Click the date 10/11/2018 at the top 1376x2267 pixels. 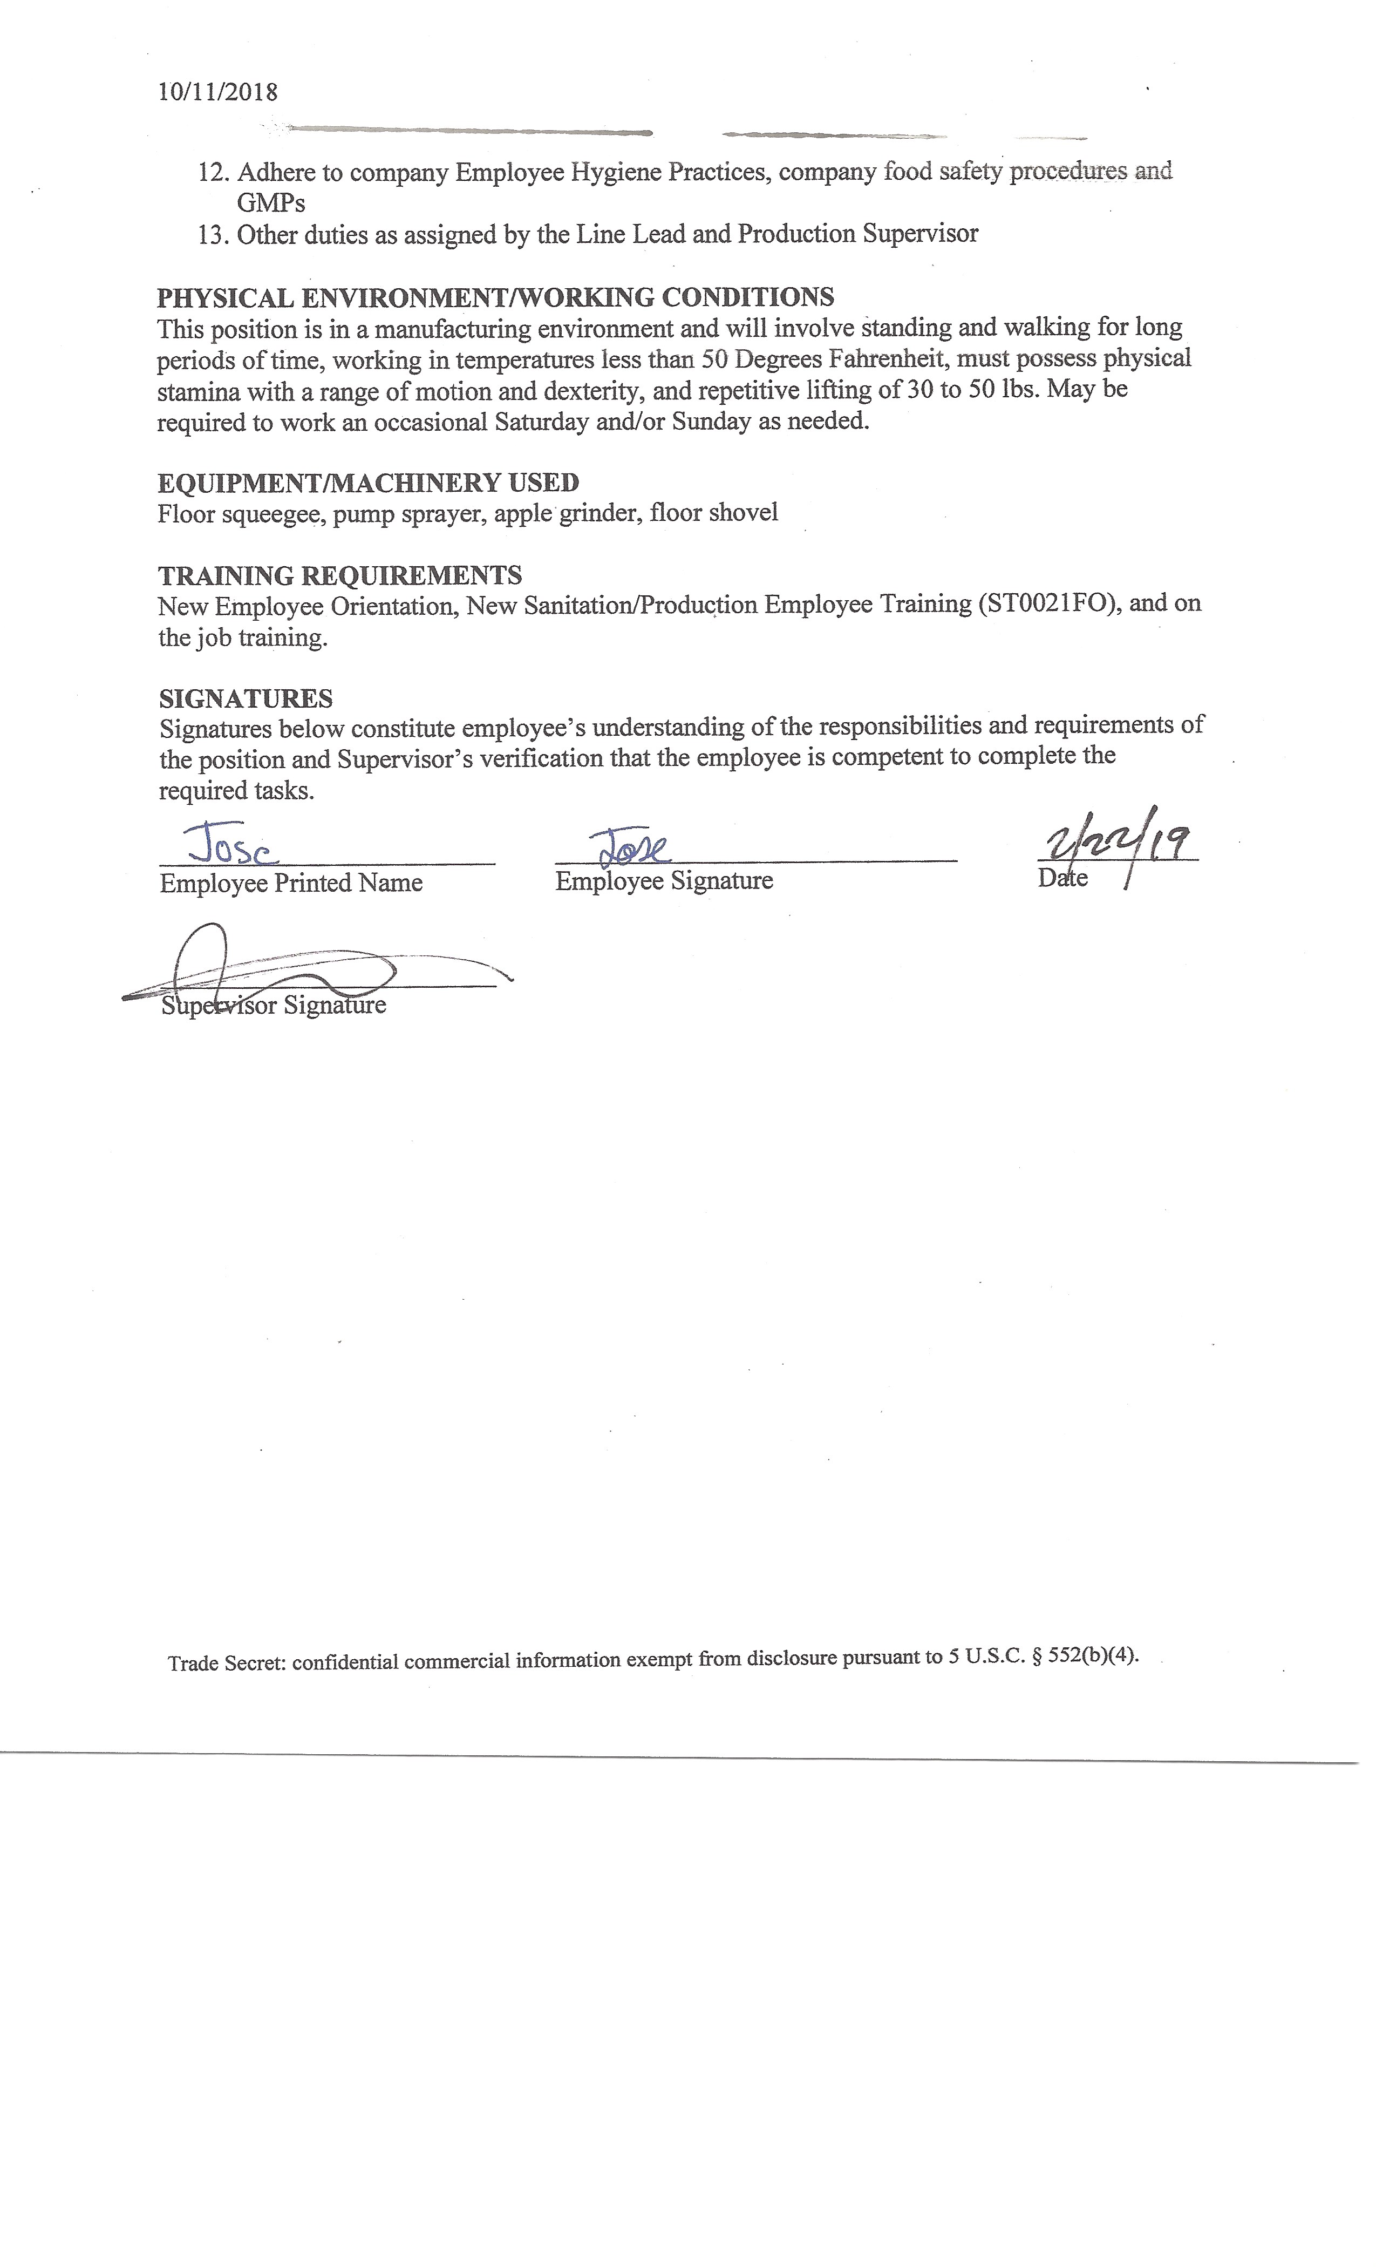[x=217, y=92]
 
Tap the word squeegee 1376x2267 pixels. [x=273, y=513]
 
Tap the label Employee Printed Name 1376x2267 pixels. [x=291, y=883]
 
